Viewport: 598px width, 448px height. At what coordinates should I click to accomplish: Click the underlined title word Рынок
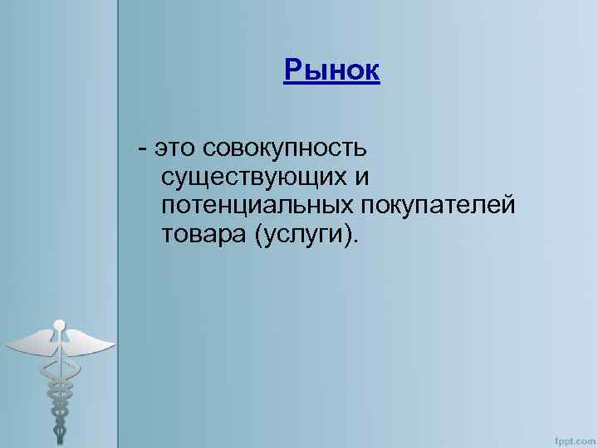pos(331,71)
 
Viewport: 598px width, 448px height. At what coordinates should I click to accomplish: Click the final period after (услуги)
pos(358,241)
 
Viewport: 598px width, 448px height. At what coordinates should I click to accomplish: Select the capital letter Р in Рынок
pos(292,71)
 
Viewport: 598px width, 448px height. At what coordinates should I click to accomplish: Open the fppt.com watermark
pos(573,436)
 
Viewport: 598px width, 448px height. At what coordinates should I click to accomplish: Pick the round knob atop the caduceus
pos(59,325)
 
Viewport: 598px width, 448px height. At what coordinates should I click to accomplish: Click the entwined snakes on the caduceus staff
pos(59,390)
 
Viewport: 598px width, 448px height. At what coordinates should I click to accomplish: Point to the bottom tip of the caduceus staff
pos(59,440)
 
